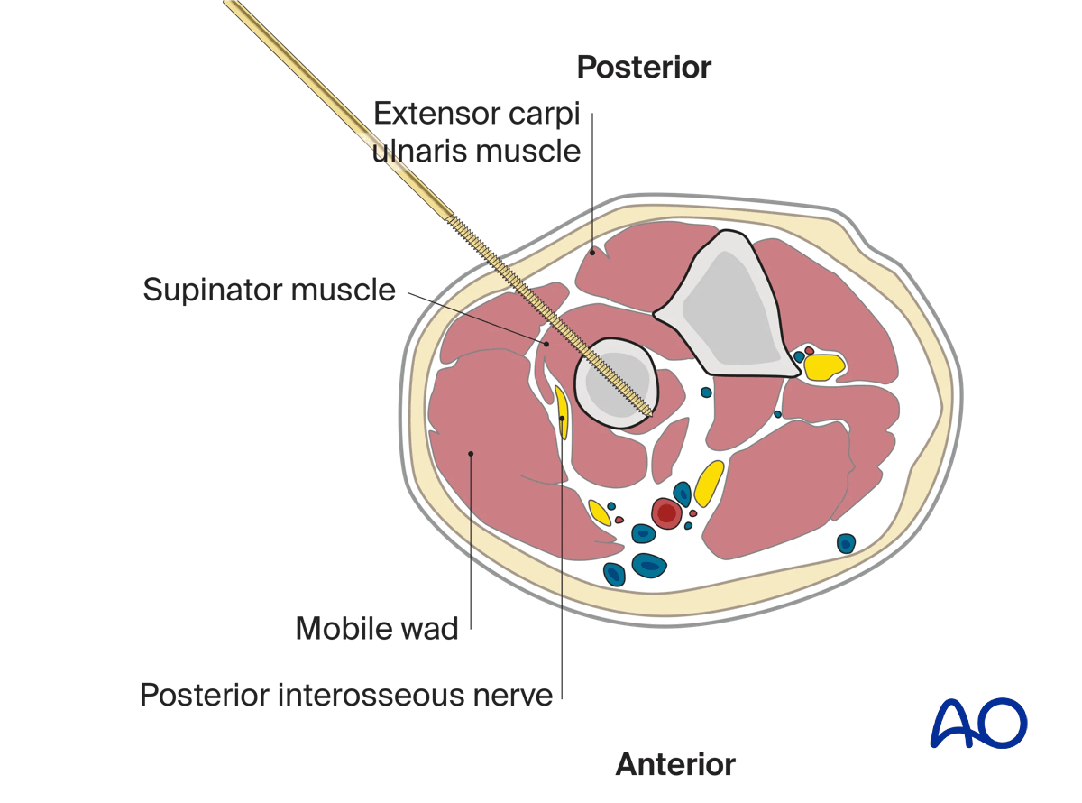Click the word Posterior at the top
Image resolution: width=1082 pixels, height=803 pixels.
coord(644,68)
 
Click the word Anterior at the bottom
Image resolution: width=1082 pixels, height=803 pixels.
coord(675,764)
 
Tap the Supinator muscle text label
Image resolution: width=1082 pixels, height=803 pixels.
coord(269,291)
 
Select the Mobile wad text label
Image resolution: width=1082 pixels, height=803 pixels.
coord(377,628)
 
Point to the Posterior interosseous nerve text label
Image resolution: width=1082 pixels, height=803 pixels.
coord(345,696)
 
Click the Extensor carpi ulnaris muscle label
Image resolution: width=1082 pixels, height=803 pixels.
coord(477,132)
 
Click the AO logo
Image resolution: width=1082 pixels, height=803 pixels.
coord(978,722)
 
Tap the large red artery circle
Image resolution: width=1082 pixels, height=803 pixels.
coord(666,513)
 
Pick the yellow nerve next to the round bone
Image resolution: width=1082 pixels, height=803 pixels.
coord(561,412)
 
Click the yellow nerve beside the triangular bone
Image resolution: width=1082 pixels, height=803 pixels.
coord(824,365)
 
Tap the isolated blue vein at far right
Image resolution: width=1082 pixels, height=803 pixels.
coord(846,543)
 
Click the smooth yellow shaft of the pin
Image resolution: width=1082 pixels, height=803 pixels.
coord(343,113)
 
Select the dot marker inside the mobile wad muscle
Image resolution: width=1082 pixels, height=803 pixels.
coord(470,454)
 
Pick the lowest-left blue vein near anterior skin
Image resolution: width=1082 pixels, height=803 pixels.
coord(614,574)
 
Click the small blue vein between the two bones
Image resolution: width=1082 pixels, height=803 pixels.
coord(706,392)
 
